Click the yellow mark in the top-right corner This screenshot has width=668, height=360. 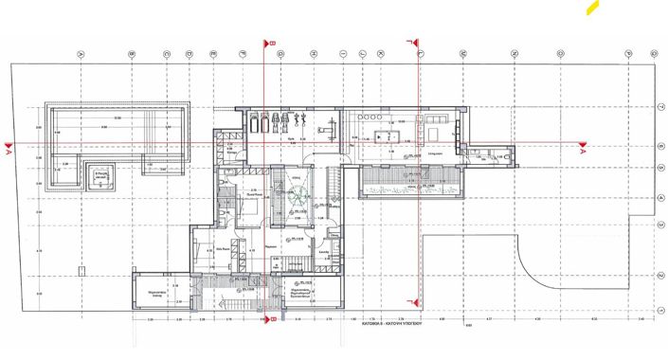coord(592,8)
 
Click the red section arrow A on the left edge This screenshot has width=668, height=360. coord(9,151)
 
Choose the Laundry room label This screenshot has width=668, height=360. coord(325,251)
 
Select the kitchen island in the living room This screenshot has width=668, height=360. coord(386,134)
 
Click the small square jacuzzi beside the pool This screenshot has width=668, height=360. coord(99,176)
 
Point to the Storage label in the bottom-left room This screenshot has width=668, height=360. coord(155,295)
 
